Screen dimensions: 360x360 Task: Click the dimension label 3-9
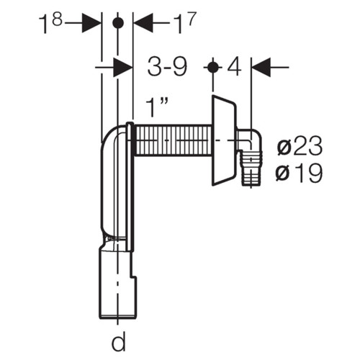click(167, 67)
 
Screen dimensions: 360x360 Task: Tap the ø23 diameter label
click(300, 146)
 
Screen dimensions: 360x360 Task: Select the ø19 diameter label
click(299, 173)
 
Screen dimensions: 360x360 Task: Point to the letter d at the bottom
click(119, 341)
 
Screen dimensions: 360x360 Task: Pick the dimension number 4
click(234, 67)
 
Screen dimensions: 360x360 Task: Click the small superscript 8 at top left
click(58, 19)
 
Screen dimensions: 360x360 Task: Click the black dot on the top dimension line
click(118, 23)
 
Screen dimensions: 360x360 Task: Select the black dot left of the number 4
click(213, 67)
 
